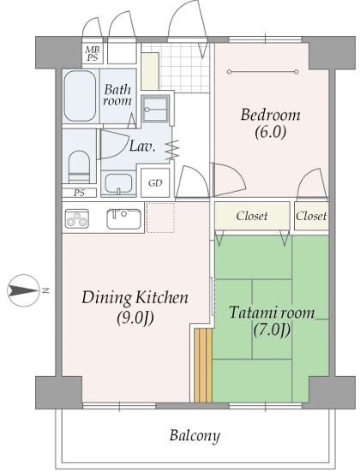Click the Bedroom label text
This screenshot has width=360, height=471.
pos(270,116)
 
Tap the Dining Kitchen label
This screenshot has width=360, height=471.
pos(135,298)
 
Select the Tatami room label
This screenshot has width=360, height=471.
pos(272,313)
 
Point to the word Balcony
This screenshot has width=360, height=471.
pos(195,435)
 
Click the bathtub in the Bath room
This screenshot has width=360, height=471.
pos(80,96)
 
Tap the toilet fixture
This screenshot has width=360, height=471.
pos(79,166)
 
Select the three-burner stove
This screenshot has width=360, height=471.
pos(77,218)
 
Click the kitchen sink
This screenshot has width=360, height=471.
pos(123,218)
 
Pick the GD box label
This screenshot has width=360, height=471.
pos(155,183)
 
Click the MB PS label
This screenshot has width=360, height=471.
pos(93,53)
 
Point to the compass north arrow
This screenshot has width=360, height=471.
pos(23,290)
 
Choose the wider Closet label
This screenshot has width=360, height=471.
pos(252,216)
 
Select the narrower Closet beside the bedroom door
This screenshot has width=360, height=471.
pos(311,216)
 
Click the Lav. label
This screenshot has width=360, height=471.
pos(142,146)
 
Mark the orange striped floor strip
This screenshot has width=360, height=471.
pos(203,366)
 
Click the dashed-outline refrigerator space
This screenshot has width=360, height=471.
pos(160,218)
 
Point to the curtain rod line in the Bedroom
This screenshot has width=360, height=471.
pos(263,72)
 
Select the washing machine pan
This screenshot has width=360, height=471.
pos(155,109)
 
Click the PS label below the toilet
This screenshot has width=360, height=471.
pos(79,193)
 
